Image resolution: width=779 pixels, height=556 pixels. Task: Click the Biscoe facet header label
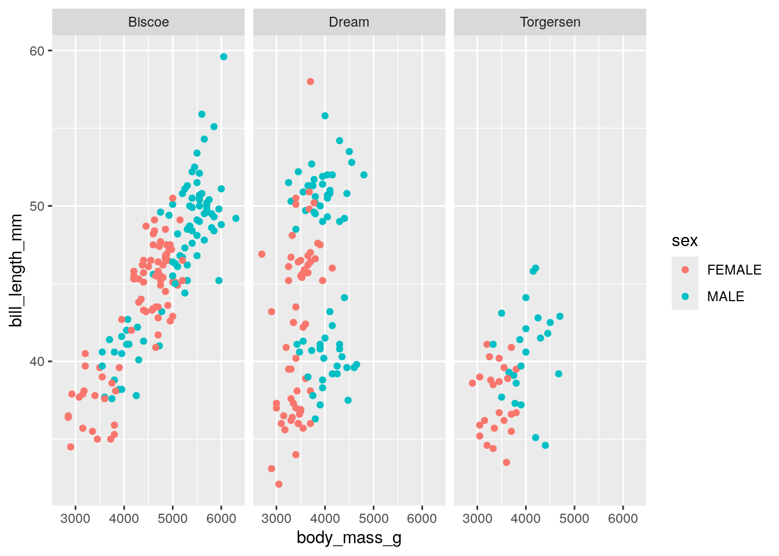click(148, 22)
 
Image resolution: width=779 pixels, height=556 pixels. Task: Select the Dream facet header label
click(349, 22)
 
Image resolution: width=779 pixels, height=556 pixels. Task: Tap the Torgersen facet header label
click(550, 22)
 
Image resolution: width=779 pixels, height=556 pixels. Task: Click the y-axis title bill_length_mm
click(16, 270)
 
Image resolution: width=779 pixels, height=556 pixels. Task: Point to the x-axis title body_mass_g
click(349, 538)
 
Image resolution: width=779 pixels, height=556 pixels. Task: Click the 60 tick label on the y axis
click(37, 51)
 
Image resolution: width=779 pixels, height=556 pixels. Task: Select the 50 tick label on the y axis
click(37, 206)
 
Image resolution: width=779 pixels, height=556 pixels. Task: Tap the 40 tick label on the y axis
click(37, 361)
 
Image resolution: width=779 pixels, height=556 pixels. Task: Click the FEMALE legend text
click(734, 270)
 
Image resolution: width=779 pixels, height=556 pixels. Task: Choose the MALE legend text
click(726, 297)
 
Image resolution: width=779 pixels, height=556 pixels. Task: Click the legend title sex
click(685, 241)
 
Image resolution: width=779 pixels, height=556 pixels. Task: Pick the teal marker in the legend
click(685, 297)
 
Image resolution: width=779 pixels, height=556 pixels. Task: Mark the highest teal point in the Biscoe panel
click(224, 57)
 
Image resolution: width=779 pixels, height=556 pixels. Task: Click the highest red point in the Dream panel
click(310, 82)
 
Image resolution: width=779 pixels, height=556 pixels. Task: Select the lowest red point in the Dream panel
click(279, 484)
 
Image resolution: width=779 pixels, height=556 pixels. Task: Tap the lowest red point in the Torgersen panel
click(507, 462)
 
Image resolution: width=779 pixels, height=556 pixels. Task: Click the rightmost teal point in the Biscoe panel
click(236, 218)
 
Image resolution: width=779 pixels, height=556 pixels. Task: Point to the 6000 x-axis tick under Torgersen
click(623, 518)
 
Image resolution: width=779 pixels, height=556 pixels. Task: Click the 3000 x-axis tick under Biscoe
click(75, 518)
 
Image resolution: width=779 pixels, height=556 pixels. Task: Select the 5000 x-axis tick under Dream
click(373, 518)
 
